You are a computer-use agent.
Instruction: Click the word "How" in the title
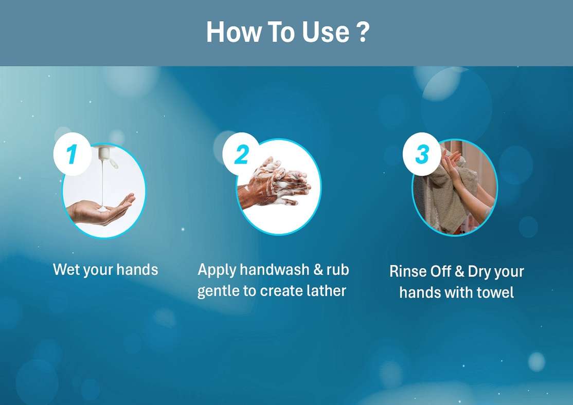pos(234,32)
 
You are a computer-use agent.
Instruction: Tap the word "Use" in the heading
pos(325,32)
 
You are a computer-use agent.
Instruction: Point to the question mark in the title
pos(362,32)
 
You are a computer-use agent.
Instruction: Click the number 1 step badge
pos(72,154)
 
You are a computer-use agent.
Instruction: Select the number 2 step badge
pos(241,154)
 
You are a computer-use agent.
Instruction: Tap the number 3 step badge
pos(422,154)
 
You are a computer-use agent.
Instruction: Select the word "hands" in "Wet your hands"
pos(137,269)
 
